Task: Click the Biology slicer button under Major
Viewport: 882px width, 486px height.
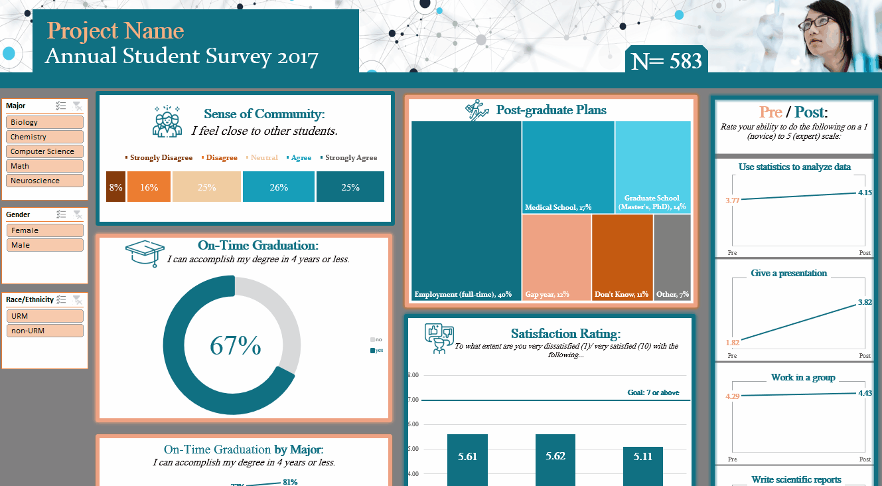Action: point(45,122)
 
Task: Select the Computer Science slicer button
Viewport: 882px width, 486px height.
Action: point(45,151)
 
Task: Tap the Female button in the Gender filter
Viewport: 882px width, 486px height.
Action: point(45,230)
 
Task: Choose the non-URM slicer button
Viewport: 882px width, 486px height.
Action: point(45,331)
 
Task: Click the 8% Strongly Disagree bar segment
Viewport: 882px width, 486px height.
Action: point(115,187)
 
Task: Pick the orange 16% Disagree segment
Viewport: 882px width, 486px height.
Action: point(149,187)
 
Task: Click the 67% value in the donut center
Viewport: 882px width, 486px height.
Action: point(236,346)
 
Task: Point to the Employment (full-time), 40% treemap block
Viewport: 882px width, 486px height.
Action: point(466,210)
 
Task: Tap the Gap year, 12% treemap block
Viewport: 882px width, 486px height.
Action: point(556,258)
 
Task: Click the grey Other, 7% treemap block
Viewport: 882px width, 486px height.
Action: point(672,258)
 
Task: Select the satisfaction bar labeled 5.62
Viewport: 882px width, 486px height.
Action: point(555,459)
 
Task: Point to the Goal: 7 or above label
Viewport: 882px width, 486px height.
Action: point(653,392)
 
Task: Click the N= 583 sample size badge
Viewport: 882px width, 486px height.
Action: point(666,61)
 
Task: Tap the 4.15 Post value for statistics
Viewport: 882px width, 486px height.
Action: point(863,193)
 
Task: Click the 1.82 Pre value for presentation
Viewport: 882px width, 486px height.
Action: point(733,343)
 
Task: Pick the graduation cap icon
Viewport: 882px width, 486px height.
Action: point(145,253)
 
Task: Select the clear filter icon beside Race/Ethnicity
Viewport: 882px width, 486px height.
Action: point(77,299)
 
